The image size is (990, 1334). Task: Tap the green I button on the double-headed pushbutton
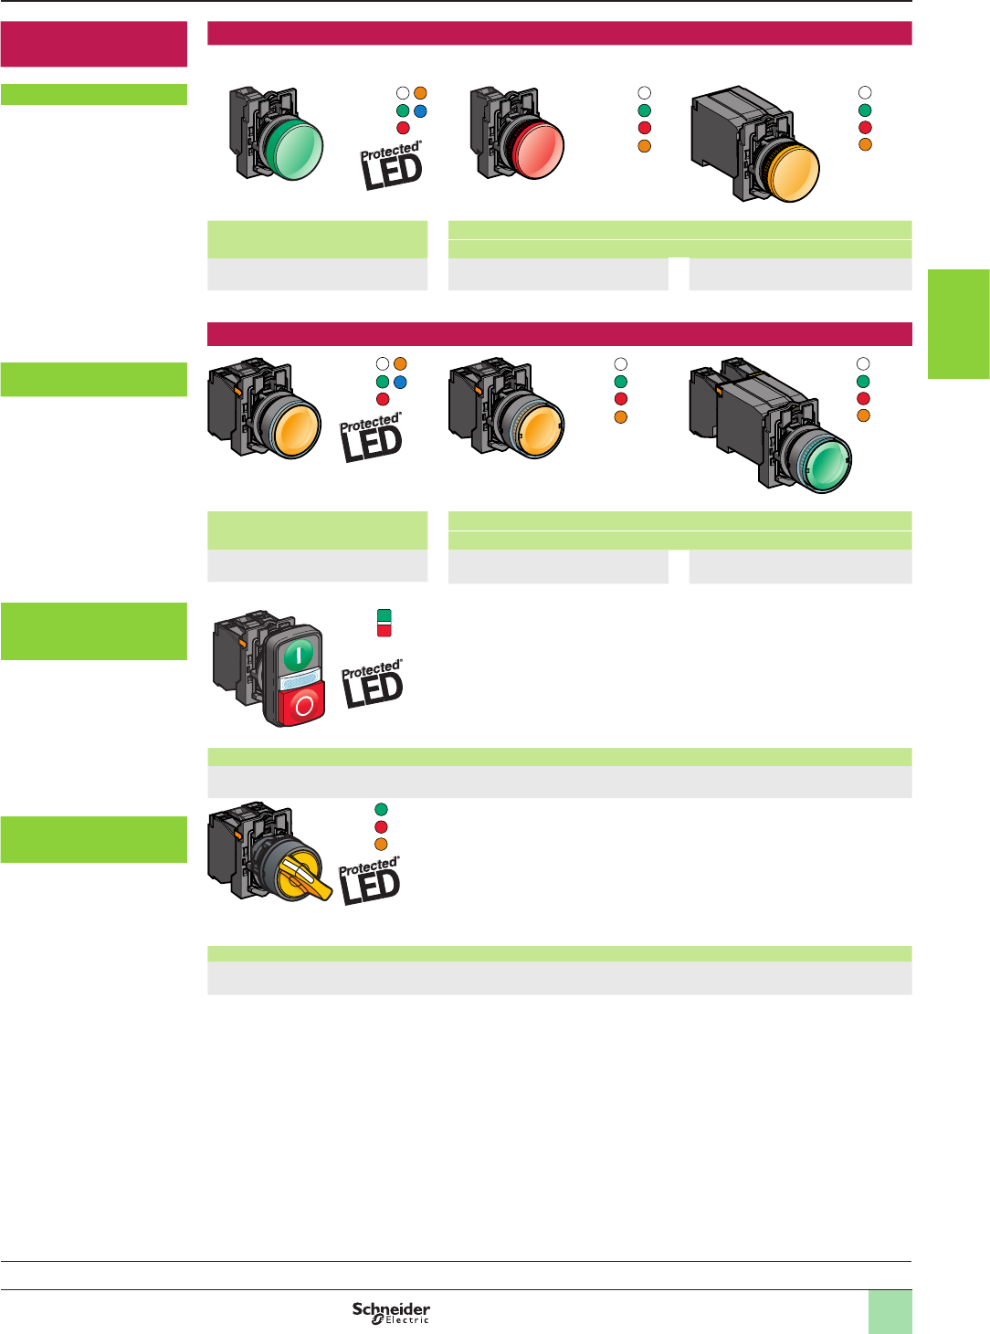tap(299, 654)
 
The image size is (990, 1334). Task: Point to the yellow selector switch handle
tap(305, 878)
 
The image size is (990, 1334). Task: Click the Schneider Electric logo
tap(391, 1312)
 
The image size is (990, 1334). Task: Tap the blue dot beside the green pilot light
tap(420, 110)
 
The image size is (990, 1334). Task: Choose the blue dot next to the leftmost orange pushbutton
tap(400, 382)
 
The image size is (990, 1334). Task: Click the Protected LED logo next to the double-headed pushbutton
tap(373, 684)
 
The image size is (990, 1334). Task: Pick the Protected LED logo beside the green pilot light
tap(392, 165)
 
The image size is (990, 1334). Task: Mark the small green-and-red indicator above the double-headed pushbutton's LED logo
tap(384, 623)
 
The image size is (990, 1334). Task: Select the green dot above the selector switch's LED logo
tap(381, 809)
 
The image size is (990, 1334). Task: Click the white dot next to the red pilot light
tap(644, 92)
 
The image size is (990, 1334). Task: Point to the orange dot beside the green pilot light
tap(420, 93)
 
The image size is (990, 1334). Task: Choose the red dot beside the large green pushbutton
tap(863, 398)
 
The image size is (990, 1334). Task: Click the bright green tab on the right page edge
tap(958, 323)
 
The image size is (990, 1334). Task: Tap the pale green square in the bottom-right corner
tap(890, 1311)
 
